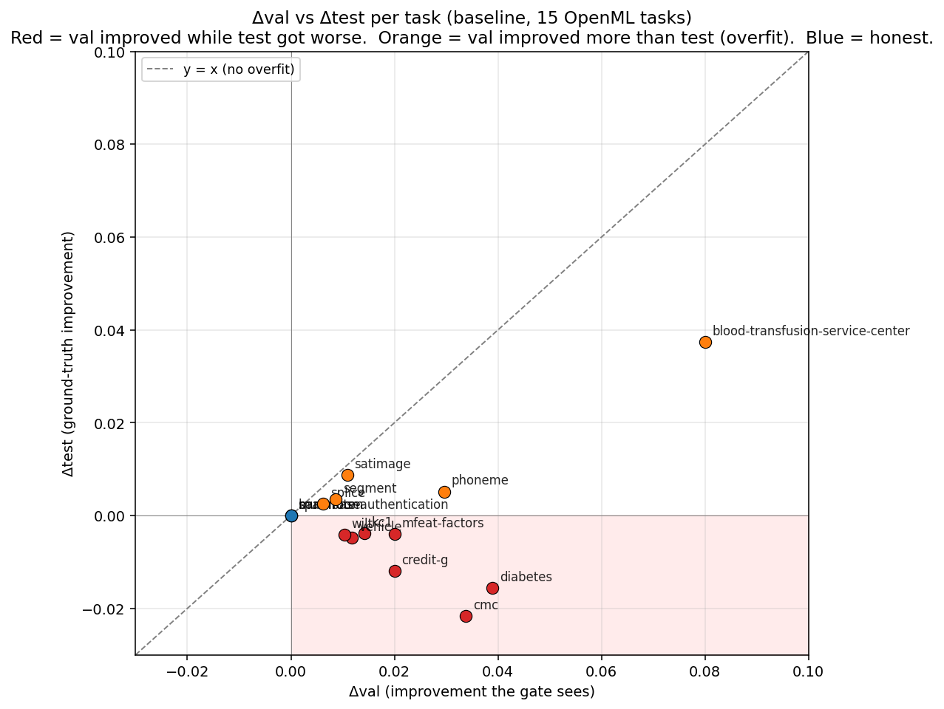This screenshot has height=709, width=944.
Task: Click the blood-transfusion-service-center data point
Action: [x=705, y=342]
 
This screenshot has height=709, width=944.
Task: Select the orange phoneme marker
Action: [x=444, y=492]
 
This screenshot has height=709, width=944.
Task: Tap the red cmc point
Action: [x=466, y=616]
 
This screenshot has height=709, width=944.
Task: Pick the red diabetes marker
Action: [x=492, y=588]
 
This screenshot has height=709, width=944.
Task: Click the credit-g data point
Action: [x=395, y=571]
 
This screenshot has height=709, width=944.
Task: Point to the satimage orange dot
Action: [x=347, y=475]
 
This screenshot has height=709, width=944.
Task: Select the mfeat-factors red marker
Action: [x=395, y=534]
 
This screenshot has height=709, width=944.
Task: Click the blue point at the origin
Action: [x=291, y=516]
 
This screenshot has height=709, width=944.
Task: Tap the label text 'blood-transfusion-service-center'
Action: [x=810, y=331]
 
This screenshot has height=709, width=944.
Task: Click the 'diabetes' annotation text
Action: [x=526, y=577]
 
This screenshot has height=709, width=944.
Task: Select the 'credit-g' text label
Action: [x=424, y=560]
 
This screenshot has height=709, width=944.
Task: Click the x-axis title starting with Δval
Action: [x=472, y=692]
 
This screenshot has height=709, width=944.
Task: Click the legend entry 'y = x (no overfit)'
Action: [x=239, y=70]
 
